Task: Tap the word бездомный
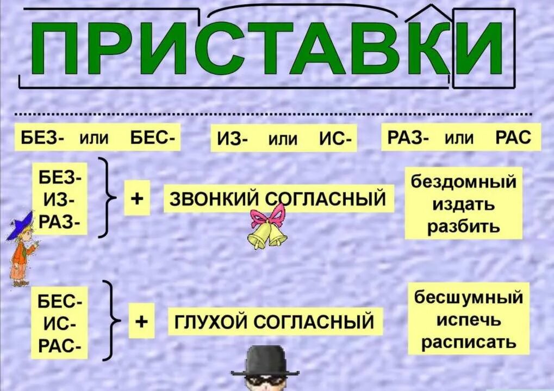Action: (463, 181)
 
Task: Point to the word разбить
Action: (463, 226)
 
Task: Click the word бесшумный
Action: (469, 298)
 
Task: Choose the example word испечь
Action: (469, 320)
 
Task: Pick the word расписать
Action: (469, 343)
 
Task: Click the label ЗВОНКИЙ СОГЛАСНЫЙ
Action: (278, 199)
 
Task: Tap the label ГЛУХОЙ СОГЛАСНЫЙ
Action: (274, 322)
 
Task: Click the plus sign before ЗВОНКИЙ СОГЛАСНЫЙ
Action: (137, 199)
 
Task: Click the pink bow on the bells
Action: (267, 216)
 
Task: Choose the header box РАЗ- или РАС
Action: (461, 138)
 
